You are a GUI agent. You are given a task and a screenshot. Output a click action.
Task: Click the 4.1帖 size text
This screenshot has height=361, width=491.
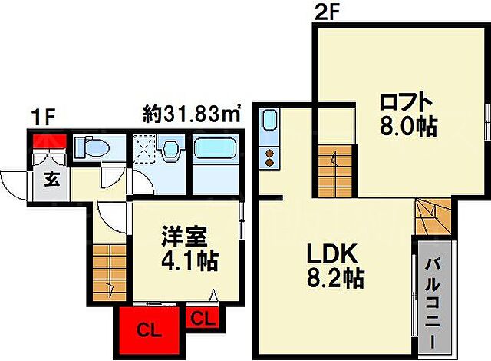[188, 260]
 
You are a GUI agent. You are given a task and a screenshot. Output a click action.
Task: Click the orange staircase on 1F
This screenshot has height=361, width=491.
[108, 274]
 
